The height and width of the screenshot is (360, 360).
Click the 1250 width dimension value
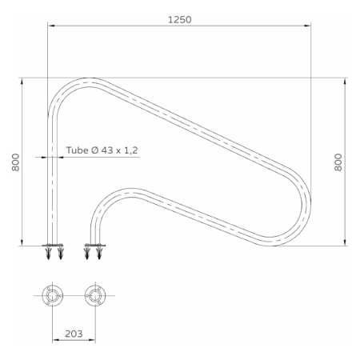click(x=180, y=20)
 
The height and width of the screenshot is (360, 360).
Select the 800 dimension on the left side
click(x=16, y=162)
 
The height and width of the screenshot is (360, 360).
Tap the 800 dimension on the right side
click(x=338, y=162)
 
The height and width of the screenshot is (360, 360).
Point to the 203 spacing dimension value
click(x=74, y=334)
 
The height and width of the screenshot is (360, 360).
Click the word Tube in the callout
click(x=77, y=150)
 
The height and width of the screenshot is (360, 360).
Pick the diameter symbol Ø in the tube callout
click(x=94, y=150)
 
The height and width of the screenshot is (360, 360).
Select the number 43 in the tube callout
click(x=107, y=150)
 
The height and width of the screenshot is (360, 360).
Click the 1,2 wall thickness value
click(x=131, y=150)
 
